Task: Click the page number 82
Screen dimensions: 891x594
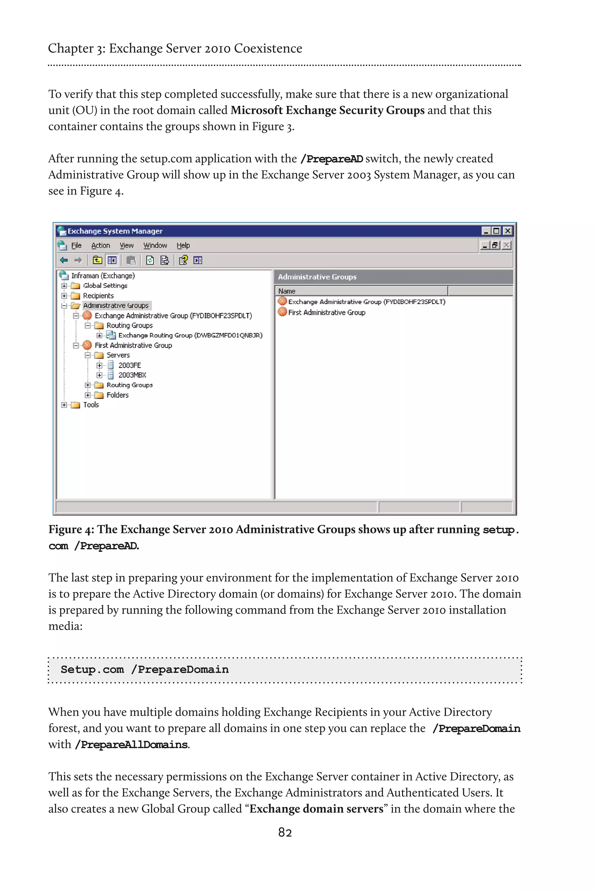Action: point(285,832)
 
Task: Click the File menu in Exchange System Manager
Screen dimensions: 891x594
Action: point(76,245)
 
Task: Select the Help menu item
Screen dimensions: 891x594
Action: point(183,245)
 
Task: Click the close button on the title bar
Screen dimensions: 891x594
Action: point(508,231)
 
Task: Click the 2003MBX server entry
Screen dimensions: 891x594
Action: point(132,375)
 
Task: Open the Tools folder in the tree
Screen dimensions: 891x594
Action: point(90,405)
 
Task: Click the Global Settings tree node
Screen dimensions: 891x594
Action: point(105,286)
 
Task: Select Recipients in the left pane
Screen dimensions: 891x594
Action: point(98,296)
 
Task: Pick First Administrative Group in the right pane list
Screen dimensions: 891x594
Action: point(326,313)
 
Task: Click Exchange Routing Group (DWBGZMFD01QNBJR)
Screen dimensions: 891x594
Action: point(190,335)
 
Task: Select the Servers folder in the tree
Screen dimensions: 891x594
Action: point(118,355)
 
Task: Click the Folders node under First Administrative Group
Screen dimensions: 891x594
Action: point(117,395)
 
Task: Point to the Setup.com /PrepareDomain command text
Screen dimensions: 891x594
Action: point(144,670)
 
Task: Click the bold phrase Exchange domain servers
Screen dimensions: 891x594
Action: point(316,809)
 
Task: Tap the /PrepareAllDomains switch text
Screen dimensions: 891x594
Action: point(131,745)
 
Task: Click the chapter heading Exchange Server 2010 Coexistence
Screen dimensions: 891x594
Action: point(205,48)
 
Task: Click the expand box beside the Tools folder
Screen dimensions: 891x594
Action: point(64,405)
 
